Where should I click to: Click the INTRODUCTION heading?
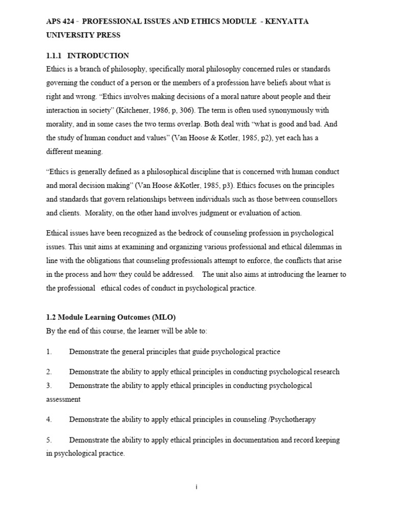pyautogui.click(x=98, y=55)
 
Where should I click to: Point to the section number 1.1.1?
pyautogui.click(x=55, y=55)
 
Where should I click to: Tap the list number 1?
pyautogui.click(x=49, y=352)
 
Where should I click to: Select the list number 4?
pyautogui.click(x=49, y=420)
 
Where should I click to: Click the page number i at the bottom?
pyautogui.click(x=196, y=487)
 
